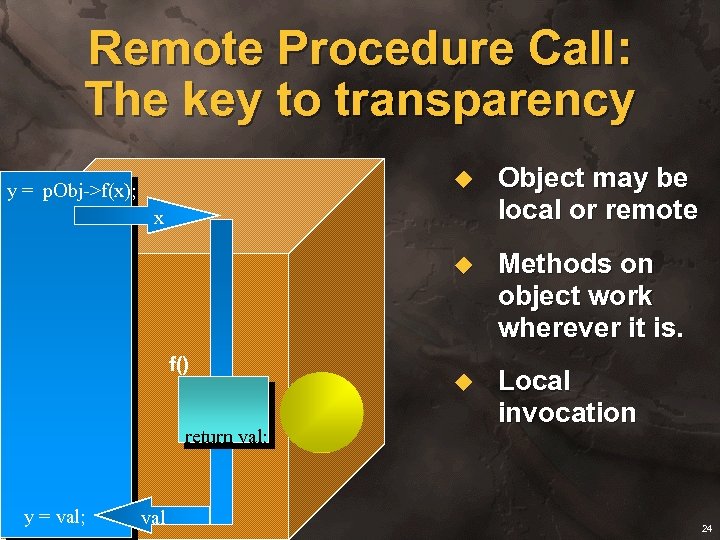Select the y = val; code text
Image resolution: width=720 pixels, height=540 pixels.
[55, 517]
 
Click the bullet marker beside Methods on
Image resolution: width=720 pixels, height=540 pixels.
[462, 265]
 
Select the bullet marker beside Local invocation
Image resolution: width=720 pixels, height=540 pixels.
[462, 382]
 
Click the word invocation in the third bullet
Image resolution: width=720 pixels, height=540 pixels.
[567, 413]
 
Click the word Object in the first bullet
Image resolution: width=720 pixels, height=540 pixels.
[541, 178]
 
